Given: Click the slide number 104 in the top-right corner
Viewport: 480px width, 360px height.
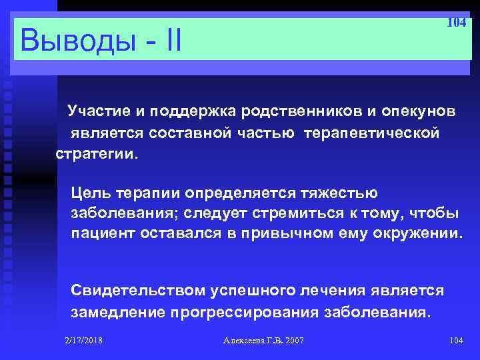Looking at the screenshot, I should (x=455, y=23).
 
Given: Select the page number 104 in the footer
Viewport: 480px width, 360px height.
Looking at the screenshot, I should (x=456, y=341).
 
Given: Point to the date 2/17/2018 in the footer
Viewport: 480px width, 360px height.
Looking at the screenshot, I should (x=84, y=341).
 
